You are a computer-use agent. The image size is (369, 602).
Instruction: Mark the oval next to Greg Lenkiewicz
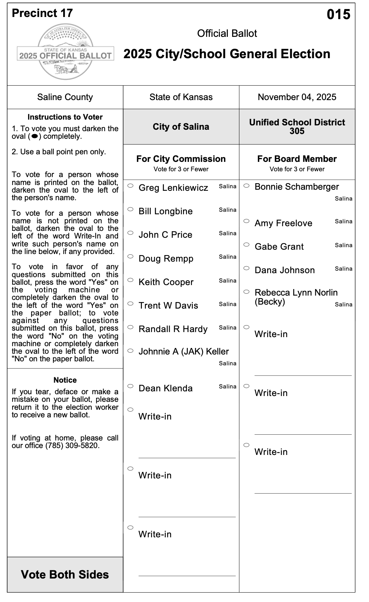(x=130, y=186)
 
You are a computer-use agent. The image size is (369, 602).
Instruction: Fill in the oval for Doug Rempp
(x=130, y=256)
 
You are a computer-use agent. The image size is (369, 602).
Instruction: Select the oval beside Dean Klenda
(x=130, y=386)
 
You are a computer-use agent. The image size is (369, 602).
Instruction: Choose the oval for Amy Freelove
(x=246, y=221)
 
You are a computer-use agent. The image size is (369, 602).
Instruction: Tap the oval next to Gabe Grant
(x=246, y=245)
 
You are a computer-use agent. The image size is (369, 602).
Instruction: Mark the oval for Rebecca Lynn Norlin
(x=246, y=291)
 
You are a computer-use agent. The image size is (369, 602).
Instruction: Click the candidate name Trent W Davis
(x=168, y=306)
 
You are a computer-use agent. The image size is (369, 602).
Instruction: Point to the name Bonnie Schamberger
(x=296, y=187)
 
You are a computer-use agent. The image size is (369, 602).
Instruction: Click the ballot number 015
(x=338, y=14)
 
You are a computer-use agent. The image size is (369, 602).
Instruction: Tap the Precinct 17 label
(x=42, y=13)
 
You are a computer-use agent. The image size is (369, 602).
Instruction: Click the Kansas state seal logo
(x=65, y=52)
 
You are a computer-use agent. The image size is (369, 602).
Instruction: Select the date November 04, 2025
(x=297, y=97)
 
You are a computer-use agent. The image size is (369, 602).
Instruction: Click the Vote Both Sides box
(x=65, y=575)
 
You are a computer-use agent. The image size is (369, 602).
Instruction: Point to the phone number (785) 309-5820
(x=72, y=446)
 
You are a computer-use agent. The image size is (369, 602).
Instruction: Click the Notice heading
(x=65, y=380)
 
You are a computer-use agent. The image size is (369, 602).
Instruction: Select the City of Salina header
(x=181, y=127)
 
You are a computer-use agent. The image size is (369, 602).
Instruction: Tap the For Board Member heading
(x=297, y=159)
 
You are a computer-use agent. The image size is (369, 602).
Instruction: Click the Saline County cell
(x=65, y=97)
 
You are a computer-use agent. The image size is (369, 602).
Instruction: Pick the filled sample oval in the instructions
(x=35, y=136)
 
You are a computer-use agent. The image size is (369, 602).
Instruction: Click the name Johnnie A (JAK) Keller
(x=183, y=352)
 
